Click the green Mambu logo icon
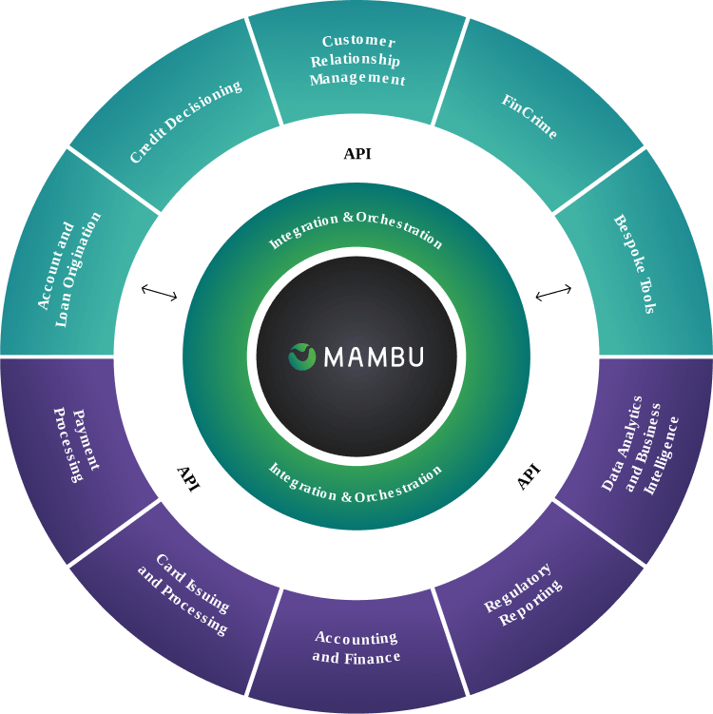[x=301, y=357]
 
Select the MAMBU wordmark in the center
[x=374, y=357]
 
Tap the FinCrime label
[x=529, y=116]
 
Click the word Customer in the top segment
[x=357, y=42]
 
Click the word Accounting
[x=356, y=638]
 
